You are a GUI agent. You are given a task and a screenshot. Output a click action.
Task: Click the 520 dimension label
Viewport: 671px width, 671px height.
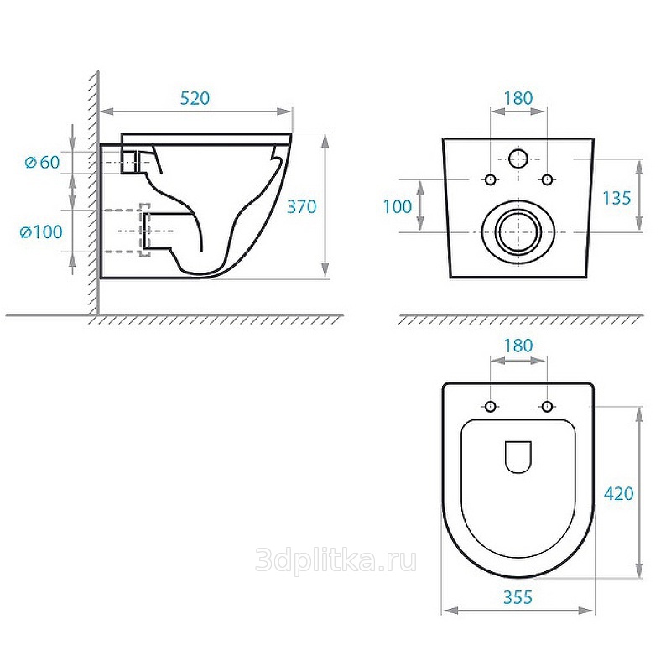pos(195,98)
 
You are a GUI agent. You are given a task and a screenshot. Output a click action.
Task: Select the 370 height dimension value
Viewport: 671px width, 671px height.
pos(302,206)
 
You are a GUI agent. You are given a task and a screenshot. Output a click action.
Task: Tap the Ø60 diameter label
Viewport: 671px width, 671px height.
pos(43,162)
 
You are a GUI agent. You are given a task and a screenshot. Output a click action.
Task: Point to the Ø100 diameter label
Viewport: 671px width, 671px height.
pos(41,232)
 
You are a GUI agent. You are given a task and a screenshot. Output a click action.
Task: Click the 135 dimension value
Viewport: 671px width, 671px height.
pos(616,198)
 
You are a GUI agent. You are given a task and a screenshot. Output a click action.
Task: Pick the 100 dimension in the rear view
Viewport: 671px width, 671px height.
pos(397,206)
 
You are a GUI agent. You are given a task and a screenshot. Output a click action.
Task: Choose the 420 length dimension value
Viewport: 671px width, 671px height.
pos(619,493)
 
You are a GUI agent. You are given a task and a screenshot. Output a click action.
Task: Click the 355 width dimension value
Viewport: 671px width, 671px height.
pos(518,597)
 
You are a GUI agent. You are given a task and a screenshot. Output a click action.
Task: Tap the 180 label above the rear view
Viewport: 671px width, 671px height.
pos(518,98)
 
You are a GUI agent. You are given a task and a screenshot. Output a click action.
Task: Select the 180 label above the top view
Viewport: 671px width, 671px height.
pos(518,346)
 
